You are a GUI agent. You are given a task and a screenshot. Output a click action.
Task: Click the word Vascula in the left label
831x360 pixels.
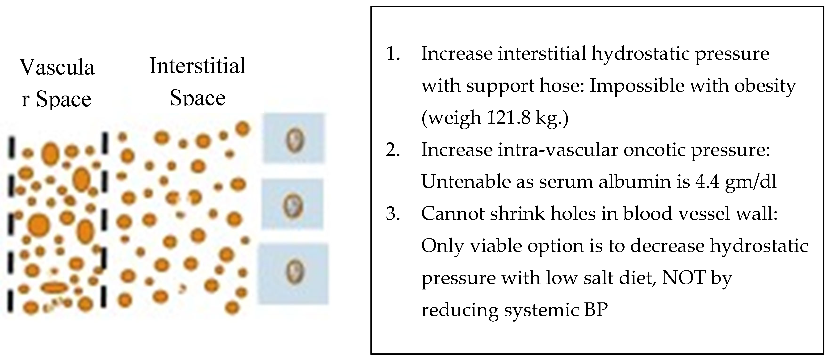coord(57,68)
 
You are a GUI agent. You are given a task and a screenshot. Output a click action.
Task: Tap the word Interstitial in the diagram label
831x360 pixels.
coord(197,66)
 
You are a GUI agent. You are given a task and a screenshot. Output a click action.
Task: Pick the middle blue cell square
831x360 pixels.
coord(292,204)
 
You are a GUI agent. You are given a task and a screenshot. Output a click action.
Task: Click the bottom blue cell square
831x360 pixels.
coord(293,274)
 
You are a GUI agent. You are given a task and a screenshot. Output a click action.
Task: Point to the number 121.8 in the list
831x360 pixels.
coord(508,118)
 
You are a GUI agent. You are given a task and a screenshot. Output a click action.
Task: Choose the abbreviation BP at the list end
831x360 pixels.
coord(596,310)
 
